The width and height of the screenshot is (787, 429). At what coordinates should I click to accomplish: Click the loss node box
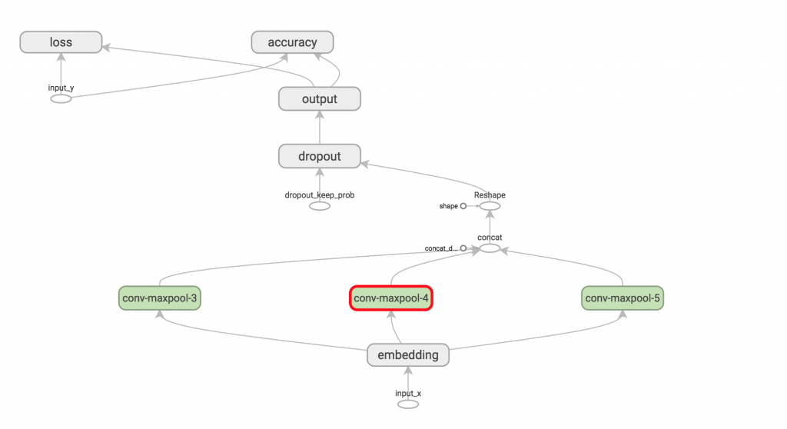pyautogui.click(x=61, y=42)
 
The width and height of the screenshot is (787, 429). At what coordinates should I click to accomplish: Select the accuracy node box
pyautogui.click(x=292, y=42)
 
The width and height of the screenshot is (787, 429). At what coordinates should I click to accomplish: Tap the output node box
pyautogui.click(x=320, y=99)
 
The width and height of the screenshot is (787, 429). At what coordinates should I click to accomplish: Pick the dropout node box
pyautogui.click(x=320, y=156)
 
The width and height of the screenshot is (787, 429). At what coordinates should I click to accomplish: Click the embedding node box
pyautogui.click(x=408, y=355)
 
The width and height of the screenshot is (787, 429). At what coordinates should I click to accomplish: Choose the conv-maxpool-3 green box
pyautogui.click(x=160, y=298)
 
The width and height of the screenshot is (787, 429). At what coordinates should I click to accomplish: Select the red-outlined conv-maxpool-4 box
pyautogui.click(x=391, y=298)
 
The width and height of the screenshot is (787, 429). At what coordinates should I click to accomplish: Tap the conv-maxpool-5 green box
pyautogui.click(x=623, y=298)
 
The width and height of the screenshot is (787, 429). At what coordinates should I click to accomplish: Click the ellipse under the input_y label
pyautogui.click(x=61, y=99)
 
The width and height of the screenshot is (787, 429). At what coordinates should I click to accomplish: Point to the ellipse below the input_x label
pyautogui.click(x=408, y=404)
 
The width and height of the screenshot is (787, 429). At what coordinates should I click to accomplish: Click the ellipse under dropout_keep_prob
pyautogui.click(x=320, y=206)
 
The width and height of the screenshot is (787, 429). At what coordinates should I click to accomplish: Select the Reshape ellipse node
pyautogui.click(x=490, y=206)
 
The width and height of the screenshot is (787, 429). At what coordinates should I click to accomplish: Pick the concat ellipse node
pyautogui.click(x=490, y=248)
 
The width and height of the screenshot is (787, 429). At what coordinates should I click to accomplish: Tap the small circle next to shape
pyautogui.click(x=463, y=206)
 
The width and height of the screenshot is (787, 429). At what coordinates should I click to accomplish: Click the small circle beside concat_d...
pyautogui.click(x=463, y=248)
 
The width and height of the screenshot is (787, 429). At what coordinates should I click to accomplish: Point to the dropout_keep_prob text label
pyautogui.click(x=320, y=195)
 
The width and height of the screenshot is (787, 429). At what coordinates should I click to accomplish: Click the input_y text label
pyautogui.click(x=61, y=88)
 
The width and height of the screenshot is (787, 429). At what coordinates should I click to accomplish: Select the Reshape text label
pyautogui.click(x=490, y=195)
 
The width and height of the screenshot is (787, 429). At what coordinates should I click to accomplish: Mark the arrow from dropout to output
pyautogui.click(x=320, y=128)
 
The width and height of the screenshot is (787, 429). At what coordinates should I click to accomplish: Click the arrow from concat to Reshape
pyautogui.click(x=490, y=227)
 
